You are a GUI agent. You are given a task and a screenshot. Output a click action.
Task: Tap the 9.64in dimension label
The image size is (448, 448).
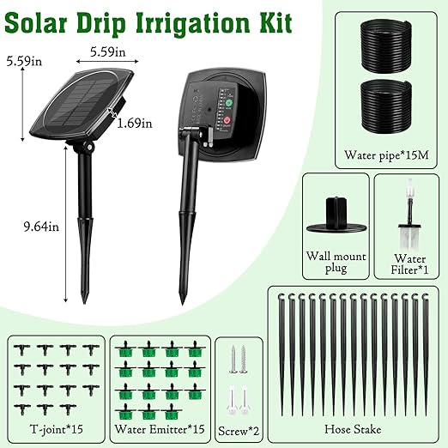point(22,227)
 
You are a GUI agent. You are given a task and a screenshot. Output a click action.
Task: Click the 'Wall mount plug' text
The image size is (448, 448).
point(334,262)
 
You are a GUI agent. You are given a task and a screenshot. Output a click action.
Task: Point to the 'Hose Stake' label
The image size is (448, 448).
point(354,427)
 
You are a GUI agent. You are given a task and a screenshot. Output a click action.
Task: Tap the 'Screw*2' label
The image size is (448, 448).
point(237,427)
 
